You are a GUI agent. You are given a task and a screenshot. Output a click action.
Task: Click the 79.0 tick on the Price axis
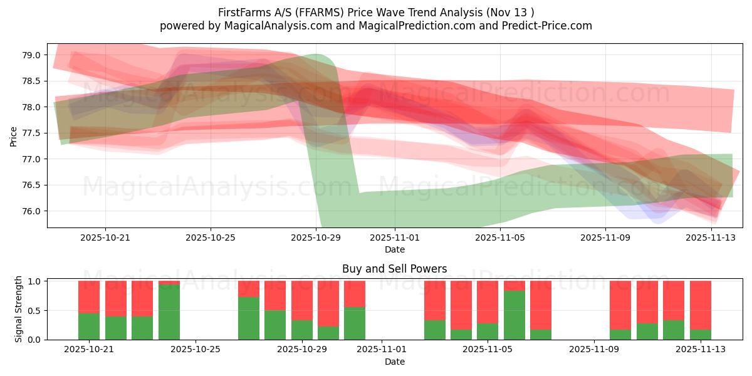point(32,55)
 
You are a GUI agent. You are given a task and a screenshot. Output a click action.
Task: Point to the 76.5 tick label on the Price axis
point(32,185)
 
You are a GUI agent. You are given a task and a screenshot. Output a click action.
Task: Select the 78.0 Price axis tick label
point(32,107)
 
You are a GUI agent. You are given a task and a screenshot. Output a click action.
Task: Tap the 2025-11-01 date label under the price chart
point(395,238)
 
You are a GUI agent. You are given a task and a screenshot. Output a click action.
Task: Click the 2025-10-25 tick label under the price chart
point(211,238)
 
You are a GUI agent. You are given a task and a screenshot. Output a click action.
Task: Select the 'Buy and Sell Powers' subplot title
point(394,269)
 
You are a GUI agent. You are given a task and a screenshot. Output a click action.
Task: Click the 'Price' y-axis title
point(14,136)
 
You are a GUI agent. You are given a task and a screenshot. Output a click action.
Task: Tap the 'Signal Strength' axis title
point(19,310)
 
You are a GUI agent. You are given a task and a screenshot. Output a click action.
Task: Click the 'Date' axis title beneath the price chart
point(394,249)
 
